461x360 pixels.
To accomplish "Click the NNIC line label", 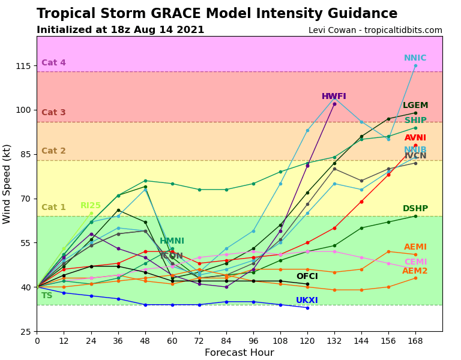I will click(x=415, y=58).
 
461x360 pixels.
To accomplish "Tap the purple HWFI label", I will click(x=334, y=97).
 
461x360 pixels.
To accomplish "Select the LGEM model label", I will click(x=415, y=106).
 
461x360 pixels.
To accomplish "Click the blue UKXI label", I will click(x=307, y=301).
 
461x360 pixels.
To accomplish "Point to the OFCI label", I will click(x=307, y=277).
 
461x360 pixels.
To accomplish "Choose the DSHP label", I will click(x=415, y=209).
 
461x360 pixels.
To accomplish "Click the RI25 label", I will click(x=91, y=206).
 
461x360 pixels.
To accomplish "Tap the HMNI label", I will click(x=172, y=241).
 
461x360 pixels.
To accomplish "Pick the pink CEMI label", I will click(x=415, y=262).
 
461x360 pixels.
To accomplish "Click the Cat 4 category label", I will click(x=53, y=63).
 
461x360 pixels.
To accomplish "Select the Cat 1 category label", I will click(x=53, y=208).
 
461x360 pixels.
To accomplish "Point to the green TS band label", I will click(x=47, y=296).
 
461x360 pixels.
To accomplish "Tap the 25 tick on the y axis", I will click(x=25, y=332).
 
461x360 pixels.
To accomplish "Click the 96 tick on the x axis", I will click(x=253, y=341).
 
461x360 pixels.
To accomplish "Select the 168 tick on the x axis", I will click(x=415, y=341).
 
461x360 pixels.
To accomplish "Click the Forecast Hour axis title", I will click(x=239, y=353).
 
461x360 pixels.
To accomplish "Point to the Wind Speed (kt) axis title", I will click(x=7, y=184).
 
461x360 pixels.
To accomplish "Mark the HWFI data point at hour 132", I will click(x=334, y=104).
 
